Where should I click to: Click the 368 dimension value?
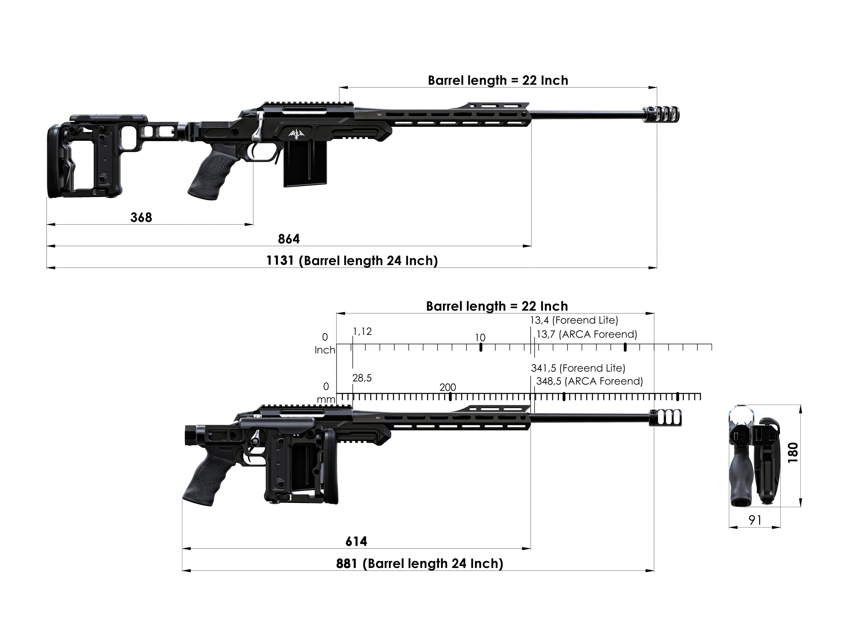[x=141, y=217]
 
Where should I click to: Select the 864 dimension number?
[x=289, y=239]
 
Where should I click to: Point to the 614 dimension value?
[x=356, y=541]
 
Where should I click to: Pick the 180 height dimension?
[x=793, y=453]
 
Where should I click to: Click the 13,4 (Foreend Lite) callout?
[x=574, y=320]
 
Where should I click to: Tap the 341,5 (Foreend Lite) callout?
[x=578, y=368]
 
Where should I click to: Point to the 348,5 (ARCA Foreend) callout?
[x=589, y=381]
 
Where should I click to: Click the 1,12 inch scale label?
[x=362, y=331]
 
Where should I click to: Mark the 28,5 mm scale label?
[x=362, y=378]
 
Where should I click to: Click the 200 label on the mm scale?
[x=448, y=387]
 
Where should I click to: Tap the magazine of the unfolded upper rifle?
[x=305, y=167]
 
